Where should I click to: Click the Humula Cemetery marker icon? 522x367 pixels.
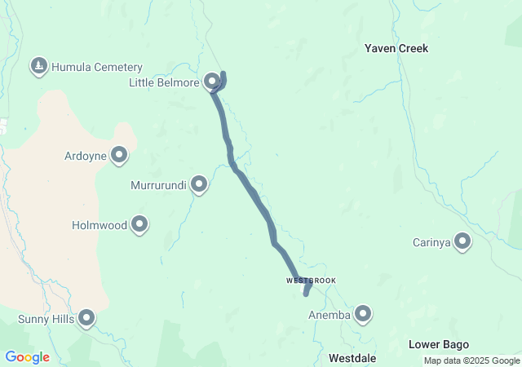pos(38,66)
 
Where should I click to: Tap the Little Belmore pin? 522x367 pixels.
pos(212,81)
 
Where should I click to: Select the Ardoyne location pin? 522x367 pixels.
pos(120,154)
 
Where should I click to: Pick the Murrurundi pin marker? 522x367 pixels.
pos(200,185)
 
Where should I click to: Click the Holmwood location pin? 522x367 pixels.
pos(139,223)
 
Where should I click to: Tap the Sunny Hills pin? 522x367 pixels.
pos(86,318)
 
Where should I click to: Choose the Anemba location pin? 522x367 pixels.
pos(363,313)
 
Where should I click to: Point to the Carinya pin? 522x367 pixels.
pos(462,241)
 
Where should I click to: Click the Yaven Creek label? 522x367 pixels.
pos(396,49)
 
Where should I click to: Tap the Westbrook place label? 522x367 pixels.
pos(311,281)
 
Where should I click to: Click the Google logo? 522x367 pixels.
pos(27,357)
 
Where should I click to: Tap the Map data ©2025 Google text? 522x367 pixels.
pos(471,360)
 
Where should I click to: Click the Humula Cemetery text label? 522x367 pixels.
pos(96,67)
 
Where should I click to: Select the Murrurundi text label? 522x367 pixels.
pos(159,186)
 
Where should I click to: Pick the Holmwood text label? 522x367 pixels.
pos(100,224)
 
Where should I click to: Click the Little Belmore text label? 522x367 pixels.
pos(164,82)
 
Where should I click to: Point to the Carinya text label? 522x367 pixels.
pos(431,241)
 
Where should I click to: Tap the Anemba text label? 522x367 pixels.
pos(330,314)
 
